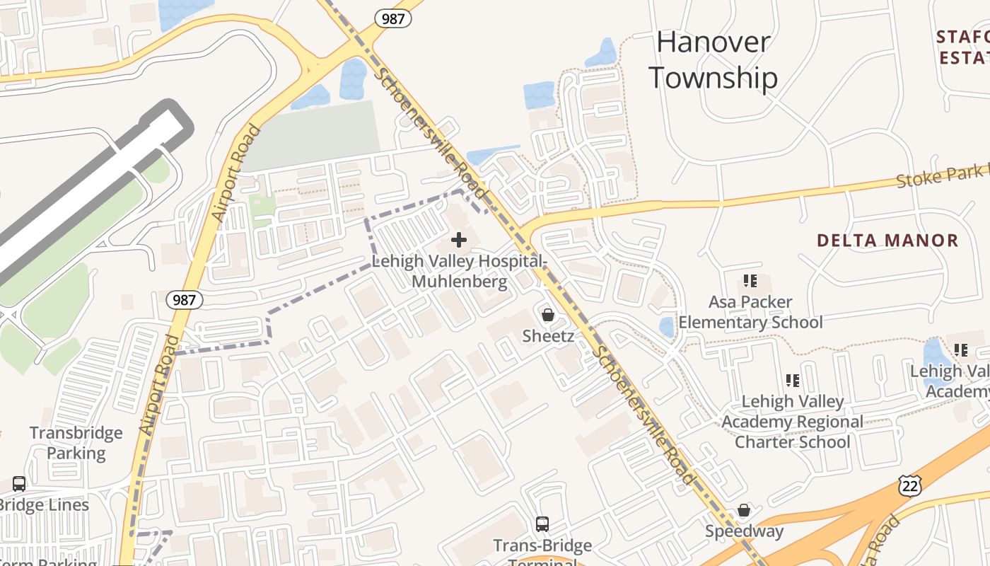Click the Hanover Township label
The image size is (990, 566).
coord(713,60)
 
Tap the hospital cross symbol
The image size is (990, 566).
coord(459,241)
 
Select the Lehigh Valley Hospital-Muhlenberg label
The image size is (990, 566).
coord(459,271)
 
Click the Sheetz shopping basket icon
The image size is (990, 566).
coord(548,315)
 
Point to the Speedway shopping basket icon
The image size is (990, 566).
coord(744,510)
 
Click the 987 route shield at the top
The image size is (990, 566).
coord(393,18)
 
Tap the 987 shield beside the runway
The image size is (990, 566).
coord(185,300)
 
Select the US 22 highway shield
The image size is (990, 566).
coord(910,485)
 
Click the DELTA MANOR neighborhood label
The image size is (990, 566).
coord(887,241)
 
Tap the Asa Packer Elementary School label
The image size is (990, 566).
coord(750,312)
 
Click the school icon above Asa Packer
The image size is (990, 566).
coord(750,281)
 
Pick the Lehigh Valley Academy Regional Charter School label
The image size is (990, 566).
coord(792,422)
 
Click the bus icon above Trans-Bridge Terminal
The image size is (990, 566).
coord(542,524)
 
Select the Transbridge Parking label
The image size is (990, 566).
coord(76,443)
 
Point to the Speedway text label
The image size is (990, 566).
coord(744,531)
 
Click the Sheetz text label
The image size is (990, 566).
coord(548,336)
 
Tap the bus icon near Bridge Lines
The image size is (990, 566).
coord(19,484)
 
